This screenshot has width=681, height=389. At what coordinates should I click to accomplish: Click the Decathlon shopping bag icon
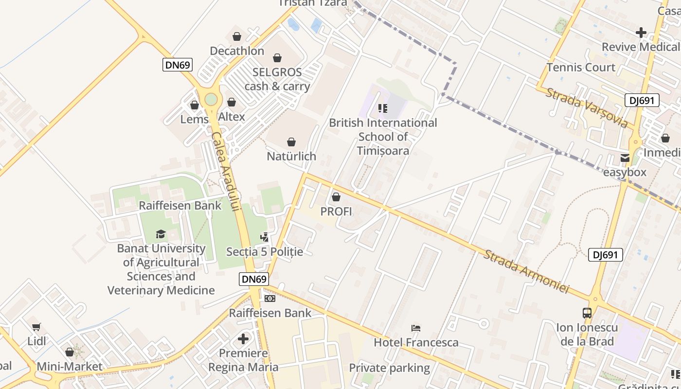point(237,36)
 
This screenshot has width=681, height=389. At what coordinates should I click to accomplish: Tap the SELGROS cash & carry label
point(277,79)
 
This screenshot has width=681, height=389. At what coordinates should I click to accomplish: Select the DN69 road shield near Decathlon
point(178,65)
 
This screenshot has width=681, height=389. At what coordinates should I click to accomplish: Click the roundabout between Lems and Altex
point(211,99)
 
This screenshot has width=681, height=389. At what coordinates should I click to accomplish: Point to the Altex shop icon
point(232,102)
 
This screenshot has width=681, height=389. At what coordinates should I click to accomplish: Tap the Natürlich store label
point(291,156)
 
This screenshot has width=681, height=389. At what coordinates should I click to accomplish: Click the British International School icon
point(383,108)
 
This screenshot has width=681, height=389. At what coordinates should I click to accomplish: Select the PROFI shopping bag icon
point(336,197)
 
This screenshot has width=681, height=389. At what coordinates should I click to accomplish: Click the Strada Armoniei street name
point(525,271)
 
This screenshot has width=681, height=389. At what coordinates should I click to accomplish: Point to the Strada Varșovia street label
point(586,107)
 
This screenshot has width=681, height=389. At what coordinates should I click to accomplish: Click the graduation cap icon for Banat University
point(161,234)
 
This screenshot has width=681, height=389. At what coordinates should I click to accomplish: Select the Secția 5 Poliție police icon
point(265,237)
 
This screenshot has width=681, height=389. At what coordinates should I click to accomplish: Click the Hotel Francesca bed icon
point(416,328)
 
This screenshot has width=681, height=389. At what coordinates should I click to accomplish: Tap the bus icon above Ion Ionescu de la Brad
point(587,313)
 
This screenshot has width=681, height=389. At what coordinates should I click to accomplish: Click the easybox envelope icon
point(625,158)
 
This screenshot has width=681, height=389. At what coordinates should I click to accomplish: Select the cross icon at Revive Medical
point(641,33)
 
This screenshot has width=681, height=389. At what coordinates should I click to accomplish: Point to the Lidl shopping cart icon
point(36,327)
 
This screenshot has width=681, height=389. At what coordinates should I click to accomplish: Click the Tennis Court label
point(581,67)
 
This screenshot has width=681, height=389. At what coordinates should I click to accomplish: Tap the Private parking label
point(389,368)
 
